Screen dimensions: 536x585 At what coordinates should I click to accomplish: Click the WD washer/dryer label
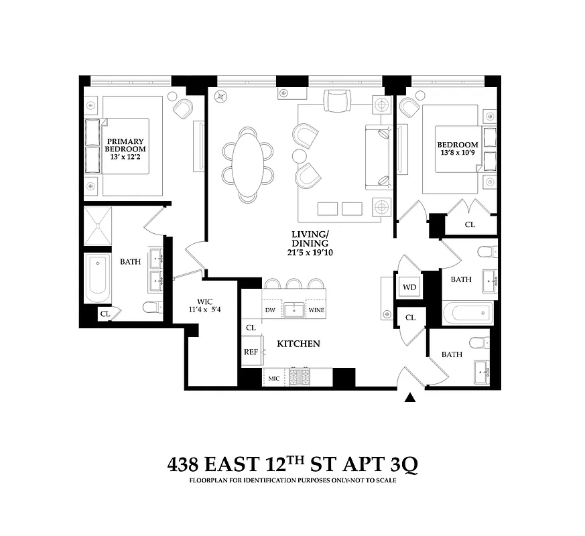409,287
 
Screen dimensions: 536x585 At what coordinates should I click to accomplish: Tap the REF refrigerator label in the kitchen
251,351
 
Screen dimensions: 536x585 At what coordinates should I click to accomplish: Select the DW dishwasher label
271,310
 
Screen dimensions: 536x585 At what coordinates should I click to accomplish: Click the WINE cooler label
316,310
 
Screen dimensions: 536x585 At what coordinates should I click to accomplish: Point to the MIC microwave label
273,379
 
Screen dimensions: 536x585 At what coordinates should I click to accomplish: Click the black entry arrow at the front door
411,399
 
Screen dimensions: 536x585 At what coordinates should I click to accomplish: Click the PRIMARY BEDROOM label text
125,145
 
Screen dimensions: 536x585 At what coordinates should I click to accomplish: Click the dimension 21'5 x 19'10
309,252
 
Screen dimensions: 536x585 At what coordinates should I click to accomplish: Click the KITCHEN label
298,344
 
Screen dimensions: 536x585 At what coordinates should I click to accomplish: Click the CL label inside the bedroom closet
470,224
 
